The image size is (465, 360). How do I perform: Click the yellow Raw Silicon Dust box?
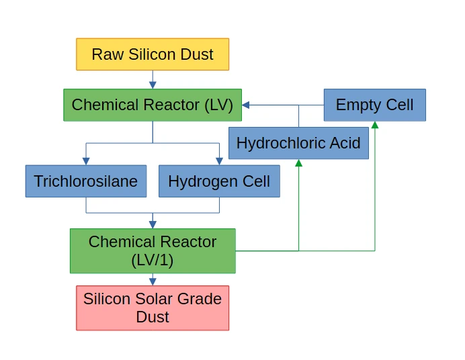[x=153, y=54]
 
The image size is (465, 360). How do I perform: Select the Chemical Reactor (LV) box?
[x=153, y=105]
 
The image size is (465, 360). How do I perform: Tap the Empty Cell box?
[x=374, y=105]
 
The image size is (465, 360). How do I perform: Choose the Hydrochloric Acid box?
[x=298, y=143]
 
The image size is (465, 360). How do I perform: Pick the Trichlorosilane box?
[x=86, y=181]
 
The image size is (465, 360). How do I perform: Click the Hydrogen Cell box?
[x=219, y=181]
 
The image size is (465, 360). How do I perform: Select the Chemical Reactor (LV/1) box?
[x=153, y=251]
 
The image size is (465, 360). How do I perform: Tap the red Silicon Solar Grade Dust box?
[x=153, y=308]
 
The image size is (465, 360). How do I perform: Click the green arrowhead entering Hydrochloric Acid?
[x=298, y=163]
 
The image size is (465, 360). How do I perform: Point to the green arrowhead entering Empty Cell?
[x=374, y=125]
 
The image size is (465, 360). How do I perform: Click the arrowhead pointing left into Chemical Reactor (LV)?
[x=246, y=105]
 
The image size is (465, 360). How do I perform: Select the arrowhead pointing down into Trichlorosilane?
[x=86, y=161]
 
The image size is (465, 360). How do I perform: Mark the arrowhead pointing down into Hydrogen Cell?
[x=219, y=161]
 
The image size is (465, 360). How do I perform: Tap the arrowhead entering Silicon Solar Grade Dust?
[x=153, y=281]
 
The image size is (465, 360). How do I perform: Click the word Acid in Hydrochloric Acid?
[x=344, y=143]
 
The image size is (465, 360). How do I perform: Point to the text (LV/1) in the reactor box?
[x=153, y=260]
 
